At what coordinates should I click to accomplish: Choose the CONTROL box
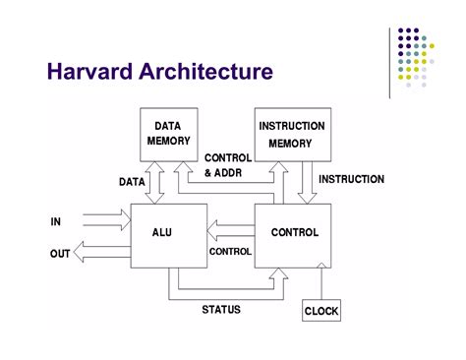coord(294,233)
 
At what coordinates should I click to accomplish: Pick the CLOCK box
coord(320,311)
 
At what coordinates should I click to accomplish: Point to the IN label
coord(56,221)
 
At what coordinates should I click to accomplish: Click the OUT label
coord(60,254)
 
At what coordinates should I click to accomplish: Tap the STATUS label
coord(221,309)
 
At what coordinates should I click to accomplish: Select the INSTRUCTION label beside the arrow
coord(351,180)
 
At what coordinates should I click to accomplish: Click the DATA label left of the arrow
coord(133,181)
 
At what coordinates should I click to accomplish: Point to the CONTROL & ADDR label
coord(227,165)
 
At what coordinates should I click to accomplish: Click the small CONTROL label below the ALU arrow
coord(231,251)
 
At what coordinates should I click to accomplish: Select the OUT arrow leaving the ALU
coord(103,254)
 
